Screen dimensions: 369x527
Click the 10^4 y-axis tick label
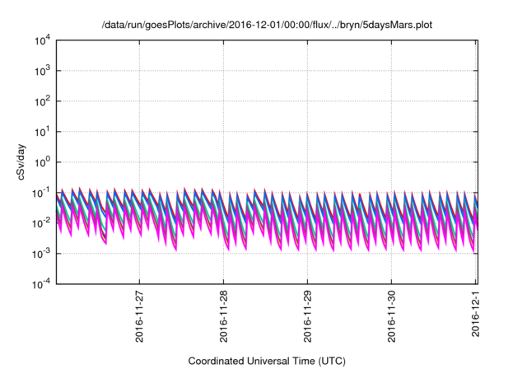pos(40,40)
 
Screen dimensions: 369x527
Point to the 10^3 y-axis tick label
pos(40,70)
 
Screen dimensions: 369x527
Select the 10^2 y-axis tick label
pos(40,100)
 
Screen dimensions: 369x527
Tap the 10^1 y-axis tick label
pos(40,131)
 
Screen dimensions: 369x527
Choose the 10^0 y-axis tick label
pos(40,161)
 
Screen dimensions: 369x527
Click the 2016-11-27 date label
pos(139,317)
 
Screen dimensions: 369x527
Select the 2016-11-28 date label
pos(223,317)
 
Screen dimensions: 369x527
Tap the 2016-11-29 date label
pos(307,317)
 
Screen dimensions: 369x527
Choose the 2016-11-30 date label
pos(391,317)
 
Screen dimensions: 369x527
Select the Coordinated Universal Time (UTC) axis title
pos(265,361)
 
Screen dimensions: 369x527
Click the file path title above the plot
pos(266,26)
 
